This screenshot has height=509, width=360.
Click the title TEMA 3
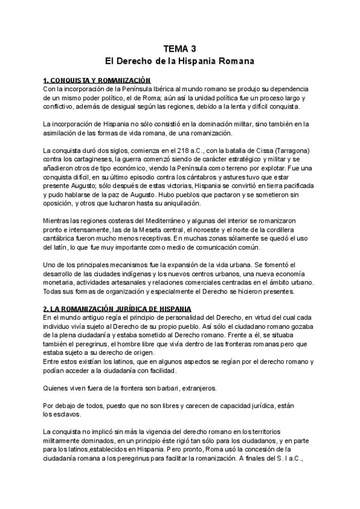(180, 49)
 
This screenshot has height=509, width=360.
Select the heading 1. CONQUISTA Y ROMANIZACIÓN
(97, 80)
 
